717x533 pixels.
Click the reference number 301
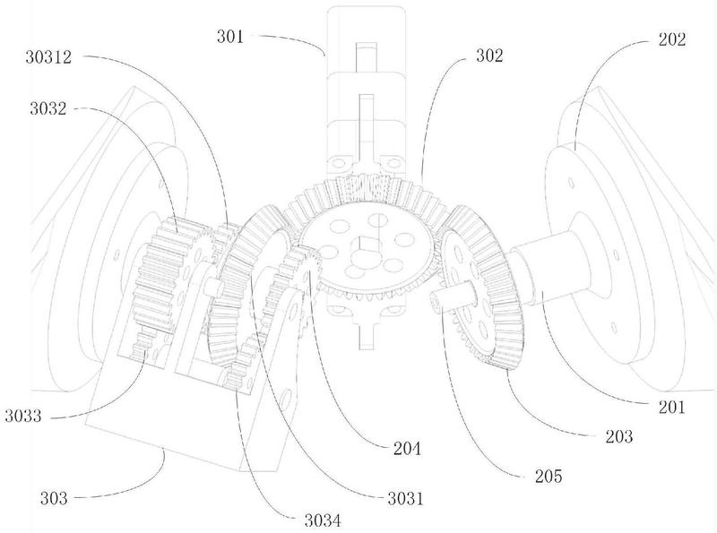[x=230, y=37]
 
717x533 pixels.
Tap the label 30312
[x=49, y=57]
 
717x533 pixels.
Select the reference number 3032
[x=48, y=108]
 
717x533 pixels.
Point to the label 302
[x=489, y=56]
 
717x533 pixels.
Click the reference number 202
[x=672, y=39]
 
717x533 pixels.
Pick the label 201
[x=671, y=407]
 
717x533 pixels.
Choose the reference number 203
[x=619, y=436]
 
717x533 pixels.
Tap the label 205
[x=549, y=477]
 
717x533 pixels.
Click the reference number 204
[x=407, y=449]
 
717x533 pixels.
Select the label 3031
[x=406, y=498]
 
